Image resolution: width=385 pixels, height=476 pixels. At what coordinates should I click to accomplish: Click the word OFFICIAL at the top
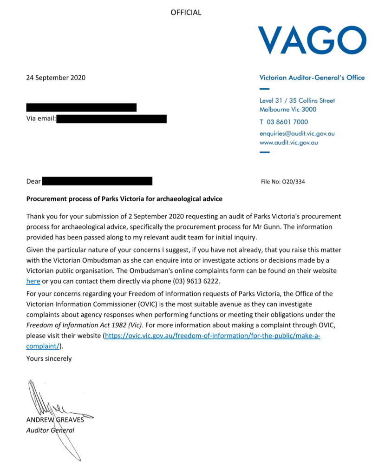[x=186, y=13]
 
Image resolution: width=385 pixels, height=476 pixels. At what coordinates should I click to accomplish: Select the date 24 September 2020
[x=56, y=78]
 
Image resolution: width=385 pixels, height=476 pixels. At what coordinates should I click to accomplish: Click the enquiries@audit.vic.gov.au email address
[x=297, y=133]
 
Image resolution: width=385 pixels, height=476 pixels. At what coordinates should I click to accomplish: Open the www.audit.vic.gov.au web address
[x=288, y=143]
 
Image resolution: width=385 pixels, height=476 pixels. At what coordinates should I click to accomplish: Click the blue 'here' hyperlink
[x=33, y=281]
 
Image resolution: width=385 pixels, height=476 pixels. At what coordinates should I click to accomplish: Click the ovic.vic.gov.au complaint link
[x=212, y=335]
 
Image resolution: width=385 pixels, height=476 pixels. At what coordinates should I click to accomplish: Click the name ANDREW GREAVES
[x=55, y=420]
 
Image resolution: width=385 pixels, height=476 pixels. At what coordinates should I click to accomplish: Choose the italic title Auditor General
[x=50, y=430]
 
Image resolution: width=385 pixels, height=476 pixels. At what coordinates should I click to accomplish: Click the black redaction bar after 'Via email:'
[x=111, y=119]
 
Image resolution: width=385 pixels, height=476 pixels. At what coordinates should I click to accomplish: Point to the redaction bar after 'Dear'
[x=97, y=181]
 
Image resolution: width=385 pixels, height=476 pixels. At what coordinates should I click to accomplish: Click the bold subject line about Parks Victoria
[x=124, y=199]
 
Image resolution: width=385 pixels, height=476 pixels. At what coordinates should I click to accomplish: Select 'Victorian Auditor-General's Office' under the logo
[x=312, y=78]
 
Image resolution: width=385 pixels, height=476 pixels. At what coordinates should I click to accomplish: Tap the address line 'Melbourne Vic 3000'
[x=288, y=110]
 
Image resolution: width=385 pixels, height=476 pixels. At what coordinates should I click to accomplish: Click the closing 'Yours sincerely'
[x=49, y=358]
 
